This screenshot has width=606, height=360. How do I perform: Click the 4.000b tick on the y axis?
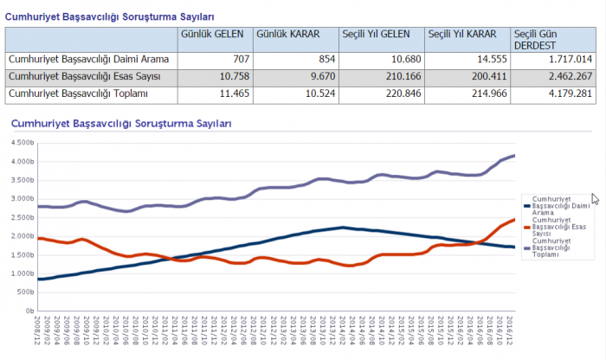click(21, 162)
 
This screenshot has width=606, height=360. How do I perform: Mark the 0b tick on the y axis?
click(28, 310)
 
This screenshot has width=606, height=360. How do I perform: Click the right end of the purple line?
click(515, 156)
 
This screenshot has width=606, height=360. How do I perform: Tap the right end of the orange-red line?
click(515, 220)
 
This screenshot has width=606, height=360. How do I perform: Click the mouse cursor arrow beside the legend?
click(596, 199)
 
